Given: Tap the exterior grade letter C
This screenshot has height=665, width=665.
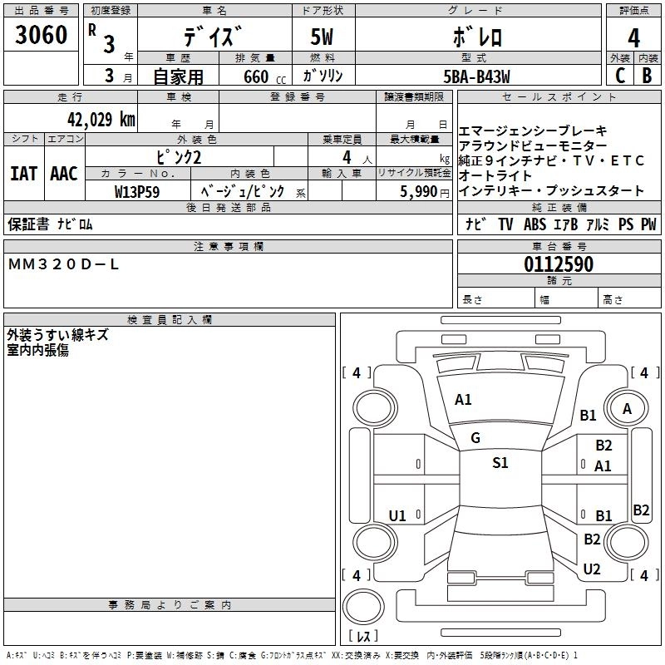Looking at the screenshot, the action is click(620, 76).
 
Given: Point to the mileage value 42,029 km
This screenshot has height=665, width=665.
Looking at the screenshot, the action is click(96, 118).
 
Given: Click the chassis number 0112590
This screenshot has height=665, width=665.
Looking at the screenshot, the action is click(558, 265).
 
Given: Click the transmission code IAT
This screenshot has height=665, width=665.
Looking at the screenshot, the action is click(23, 174).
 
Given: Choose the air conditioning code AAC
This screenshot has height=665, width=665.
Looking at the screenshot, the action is click(63, 174).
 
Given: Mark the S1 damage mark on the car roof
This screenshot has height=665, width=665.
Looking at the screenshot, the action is click(500, 463).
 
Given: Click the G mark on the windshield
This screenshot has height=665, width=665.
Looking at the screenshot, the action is click(475, 438).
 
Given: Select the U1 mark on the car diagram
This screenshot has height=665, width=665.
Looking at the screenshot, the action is click(397, 516).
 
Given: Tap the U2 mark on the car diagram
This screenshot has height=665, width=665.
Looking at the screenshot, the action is click(592, 569).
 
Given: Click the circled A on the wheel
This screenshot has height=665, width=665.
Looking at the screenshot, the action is click(627, 408).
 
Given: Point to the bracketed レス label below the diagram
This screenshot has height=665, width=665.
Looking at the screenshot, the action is click(363, 637).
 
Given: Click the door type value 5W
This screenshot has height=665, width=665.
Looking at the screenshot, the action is click(322, 37).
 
